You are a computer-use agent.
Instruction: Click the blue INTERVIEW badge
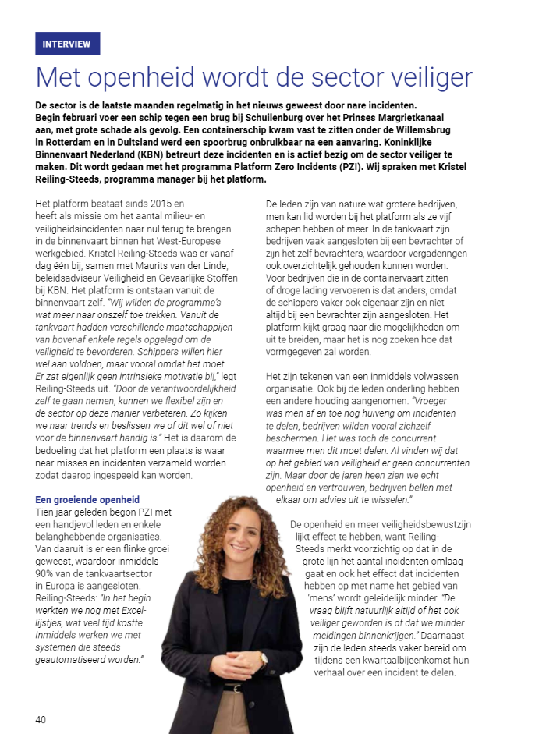68,44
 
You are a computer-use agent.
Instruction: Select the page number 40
41,718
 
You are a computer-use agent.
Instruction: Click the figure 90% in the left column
48,562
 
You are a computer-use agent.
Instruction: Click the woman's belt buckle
232,688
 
